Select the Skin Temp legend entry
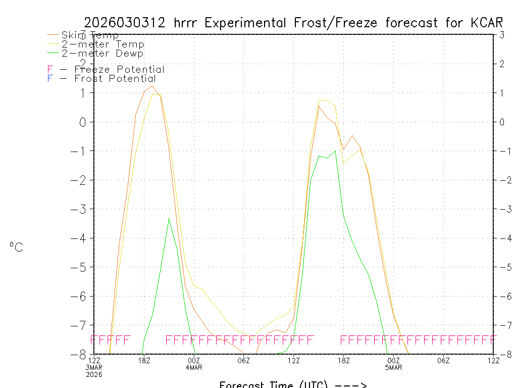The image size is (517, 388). (90, 35)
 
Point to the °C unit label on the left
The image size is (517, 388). (16, 247)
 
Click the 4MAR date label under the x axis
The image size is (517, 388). (194, 367)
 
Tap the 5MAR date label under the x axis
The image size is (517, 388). (393, 367)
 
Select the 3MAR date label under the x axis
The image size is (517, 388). (94, 367)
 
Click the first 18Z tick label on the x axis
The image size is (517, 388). (144, 360)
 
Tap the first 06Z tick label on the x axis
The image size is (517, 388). (244, 360)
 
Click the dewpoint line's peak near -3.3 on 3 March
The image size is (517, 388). (169, 218)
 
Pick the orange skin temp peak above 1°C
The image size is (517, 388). (152, 85)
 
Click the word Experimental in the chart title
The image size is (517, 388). (248, 23)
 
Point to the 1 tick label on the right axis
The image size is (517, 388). (502, 92)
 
